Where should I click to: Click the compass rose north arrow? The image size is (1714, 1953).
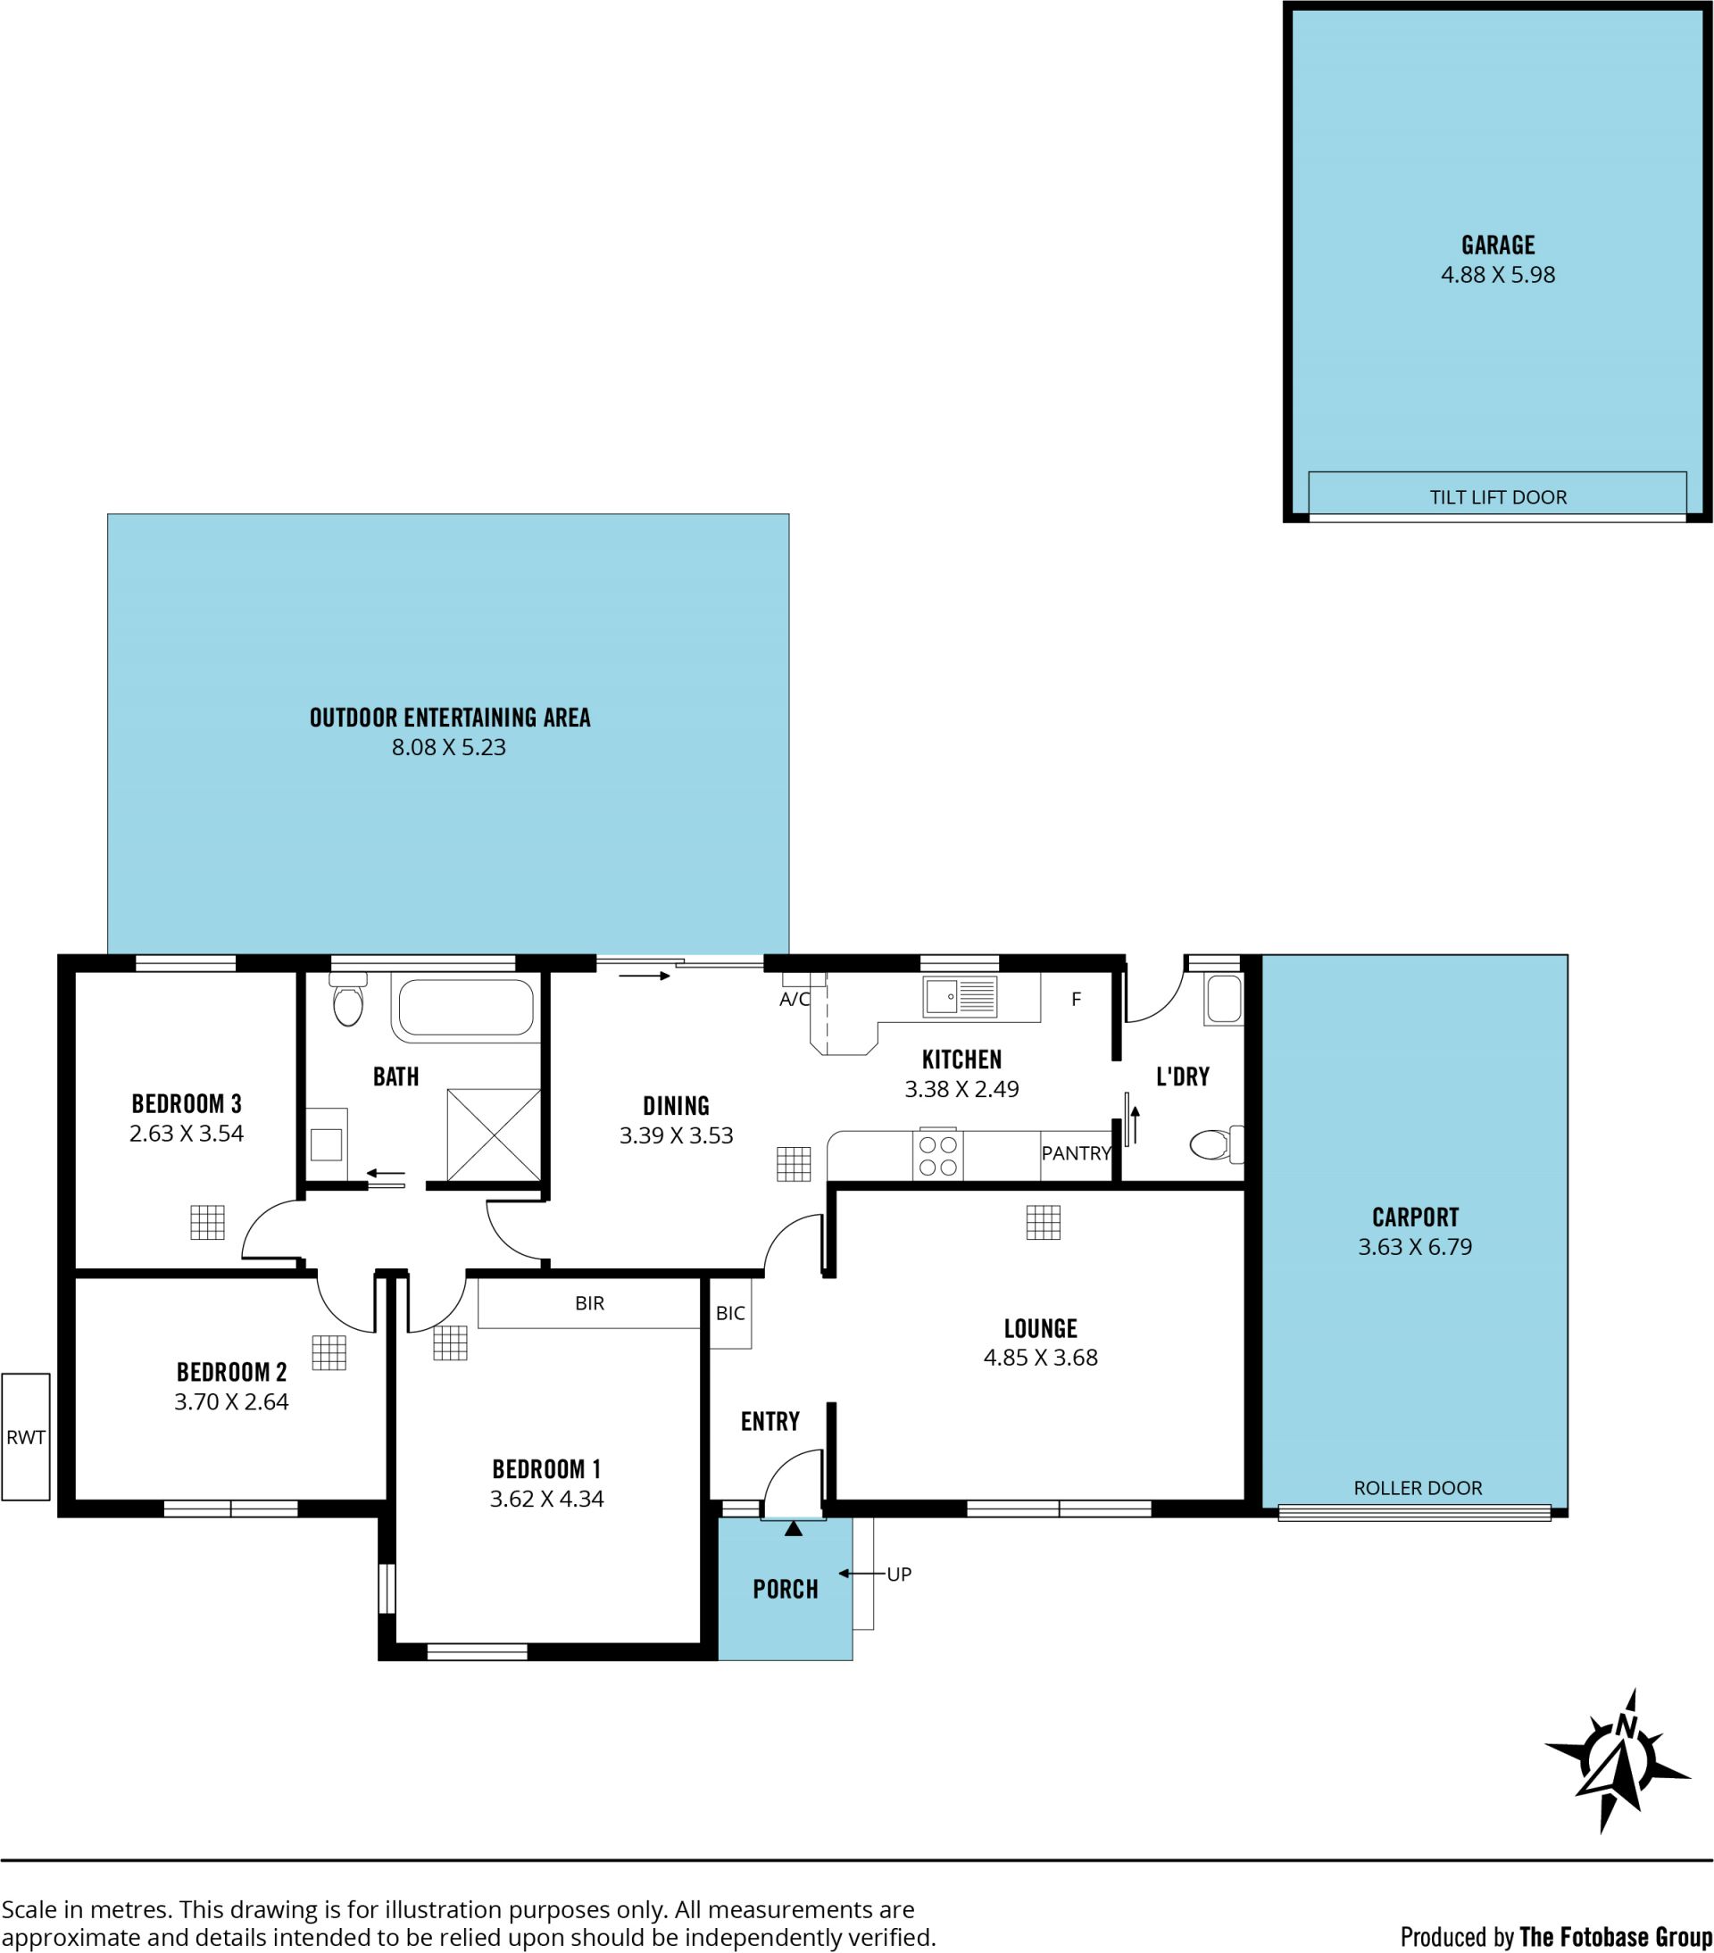point(1618,1762)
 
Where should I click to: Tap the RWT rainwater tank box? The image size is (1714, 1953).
point(26,1436)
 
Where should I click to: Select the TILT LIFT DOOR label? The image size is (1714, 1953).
point(1497,497)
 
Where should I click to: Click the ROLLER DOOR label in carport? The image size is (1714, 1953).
point(1417,1488)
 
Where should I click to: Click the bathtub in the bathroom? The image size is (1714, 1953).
point(465,1007)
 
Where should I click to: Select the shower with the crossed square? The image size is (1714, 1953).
point(493,1134)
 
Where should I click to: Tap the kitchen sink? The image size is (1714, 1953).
point(961,996)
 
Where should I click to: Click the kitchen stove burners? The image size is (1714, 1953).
point(937,1154)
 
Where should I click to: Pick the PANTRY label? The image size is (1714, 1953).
point(1076,1153)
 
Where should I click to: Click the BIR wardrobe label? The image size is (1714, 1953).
point(589,1303)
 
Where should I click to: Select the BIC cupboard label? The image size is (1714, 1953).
point(730,1313)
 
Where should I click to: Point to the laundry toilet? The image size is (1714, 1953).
point(1216,1143)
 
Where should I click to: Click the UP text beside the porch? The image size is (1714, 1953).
point(899,1574)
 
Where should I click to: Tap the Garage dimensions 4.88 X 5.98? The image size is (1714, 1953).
point(1497,275)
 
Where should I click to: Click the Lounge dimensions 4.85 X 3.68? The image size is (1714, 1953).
point(1040,1358)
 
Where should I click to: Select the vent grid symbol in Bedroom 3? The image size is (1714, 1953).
point(207,1222)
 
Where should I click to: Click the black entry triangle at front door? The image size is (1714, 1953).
point(793,1529)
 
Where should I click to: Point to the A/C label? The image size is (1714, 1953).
point(795,1000)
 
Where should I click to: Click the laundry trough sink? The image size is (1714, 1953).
point(1224,1000)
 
